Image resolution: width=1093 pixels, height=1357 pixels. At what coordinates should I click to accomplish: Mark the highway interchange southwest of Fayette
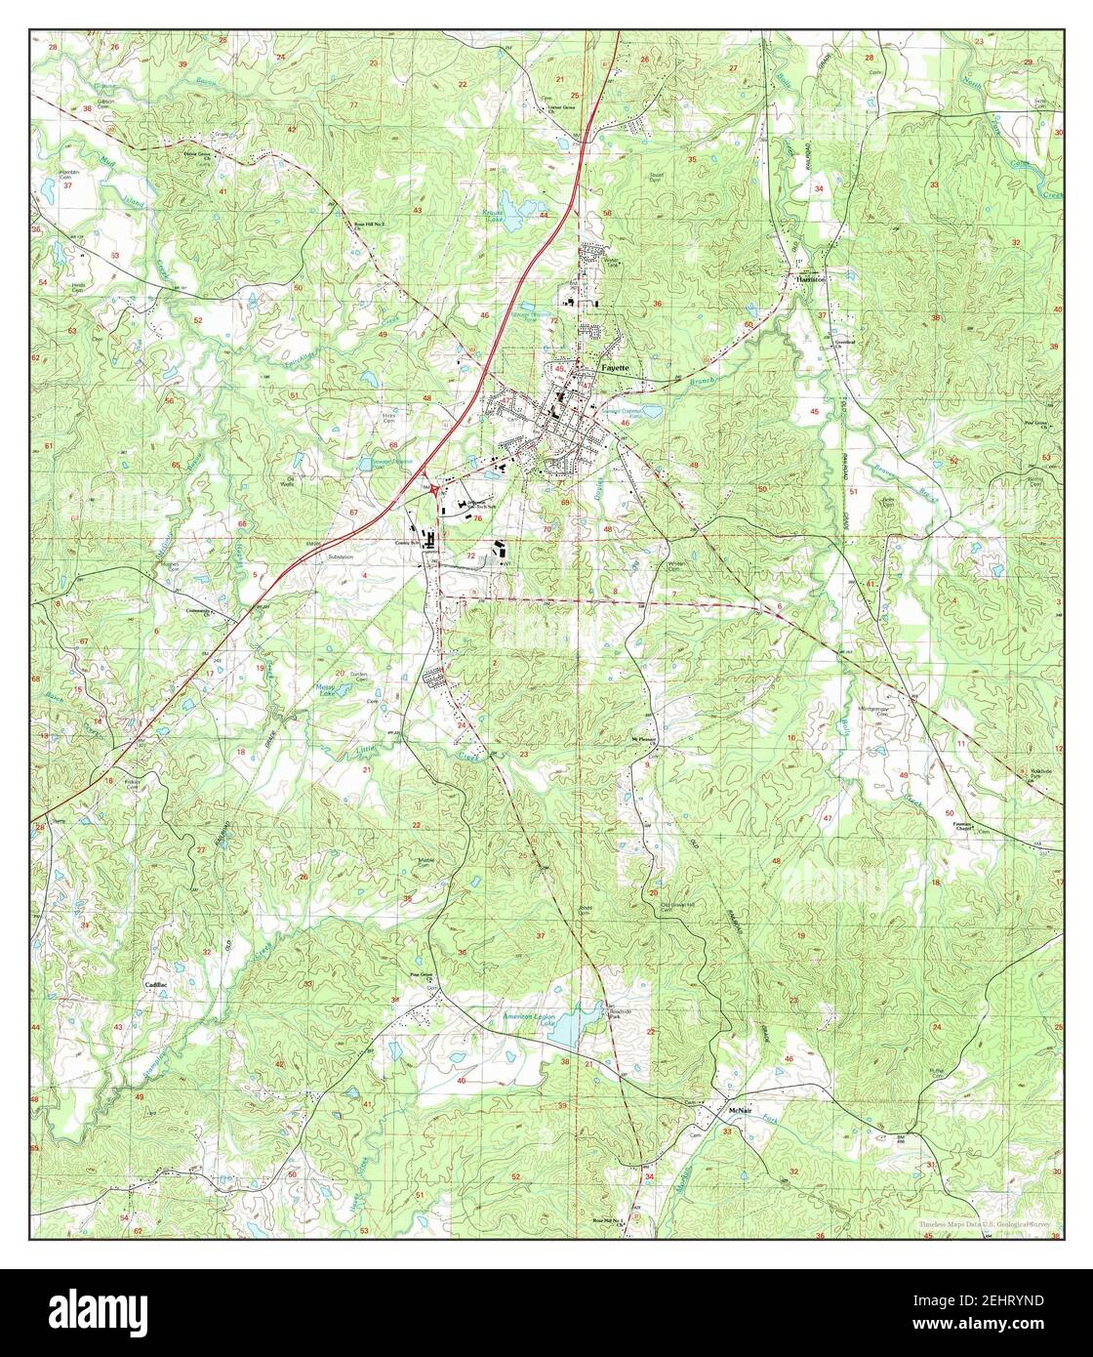(431, 493)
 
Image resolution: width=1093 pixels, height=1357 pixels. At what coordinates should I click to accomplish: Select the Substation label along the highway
(342, 557)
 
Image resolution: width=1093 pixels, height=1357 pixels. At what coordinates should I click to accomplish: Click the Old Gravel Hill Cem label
(680, 906)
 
